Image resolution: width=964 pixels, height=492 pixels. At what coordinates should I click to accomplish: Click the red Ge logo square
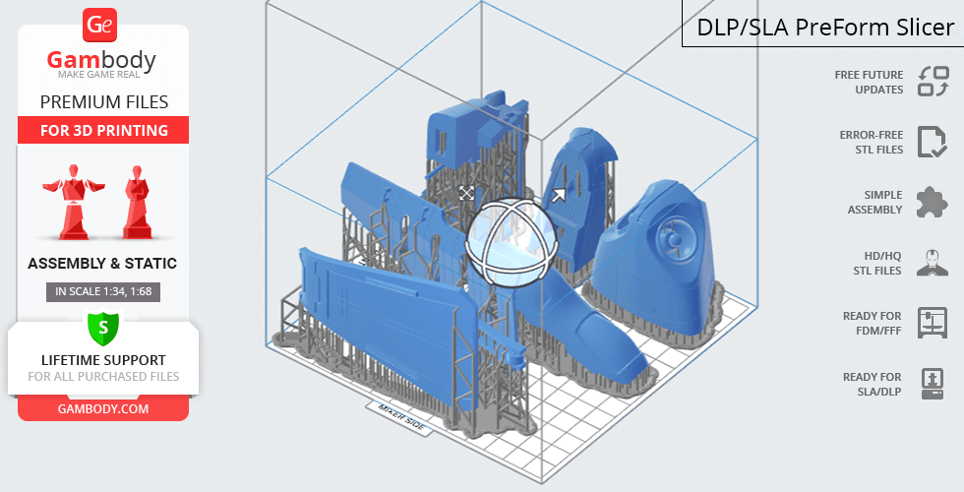tap(99, 26)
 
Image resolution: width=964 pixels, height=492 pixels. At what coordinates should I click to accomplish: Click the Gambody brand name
tap(101, 61)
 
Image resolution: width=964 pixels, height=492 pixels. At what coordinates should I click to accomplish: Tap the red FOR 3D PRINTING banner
tap(103, 130)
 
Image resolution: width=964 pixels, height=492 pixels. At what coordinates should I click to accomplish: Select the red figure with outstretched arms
tap(74, 201)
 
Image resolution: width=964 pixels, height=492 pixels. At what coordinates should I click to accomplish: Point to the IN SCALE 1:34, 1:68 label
tap(103, 291)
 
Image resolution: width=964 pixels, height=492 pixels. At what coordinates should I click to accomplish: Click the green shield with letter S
tap(103, 328)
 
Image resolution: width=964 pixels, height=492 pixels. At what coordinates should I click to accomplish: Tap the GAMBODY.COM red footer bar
tap(103, 409)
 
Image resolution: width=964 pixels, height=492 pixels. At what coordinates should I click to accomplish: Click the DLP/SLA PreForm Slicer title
tap(825, 28)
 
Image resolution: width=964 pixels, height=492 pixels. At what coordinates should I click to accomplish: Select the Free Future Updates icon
tap(934, 81)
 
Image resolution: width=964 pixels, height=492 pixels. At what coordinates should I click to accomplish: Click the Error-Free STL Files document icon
tap(933, 142)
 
